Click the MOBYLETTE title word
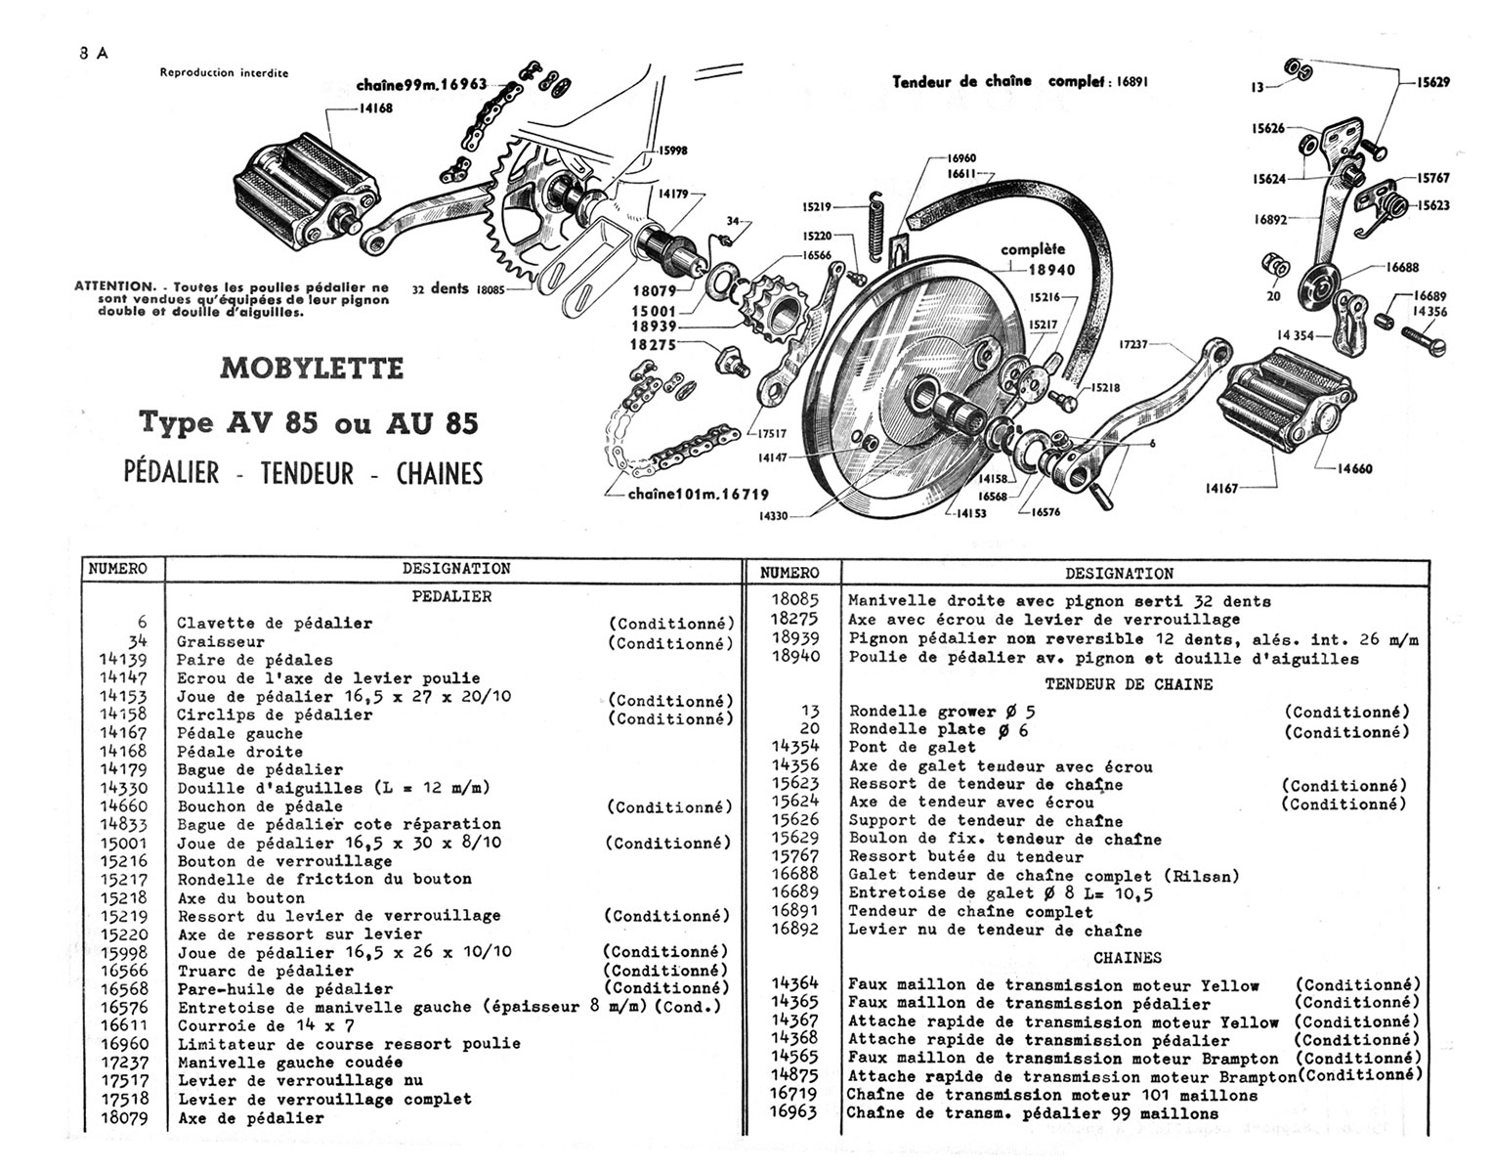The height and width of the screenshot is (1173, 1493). coord(312,369)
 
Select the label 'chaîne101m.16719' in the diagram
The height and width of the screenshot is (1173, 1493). coord(699,495)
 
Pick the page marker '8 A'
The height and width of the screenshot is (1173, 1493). coord(94,54)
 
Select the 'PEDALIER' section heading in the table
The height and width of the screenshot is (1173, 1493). coord(451,596)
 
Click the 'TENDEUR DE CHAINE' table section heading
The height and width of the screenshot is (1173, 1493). coord(1129,684)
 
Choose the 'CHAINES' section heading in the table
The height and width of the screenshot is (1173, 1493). coord(1128,958)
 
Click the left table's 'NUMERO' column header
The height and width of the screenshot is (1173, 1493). coord(117,569)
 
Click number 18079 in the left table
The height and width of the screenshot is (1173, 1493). coord(123,1118)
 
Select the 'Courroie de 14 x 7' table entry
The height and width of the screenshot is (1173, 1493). coord(266,1026)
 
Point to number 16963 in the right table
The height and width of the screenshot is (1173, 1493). coord(793,1113)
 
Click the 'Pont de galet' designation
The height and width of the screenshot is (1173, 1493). coord(912,748)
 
